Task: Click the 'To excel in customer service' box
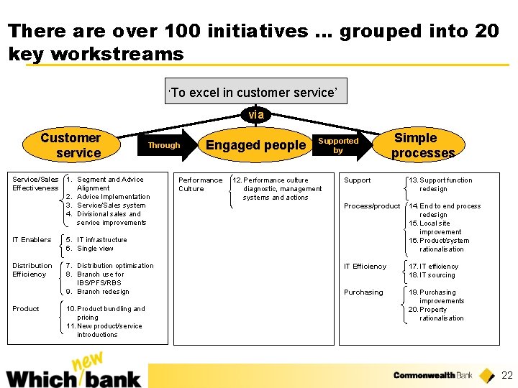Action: pos(256,91)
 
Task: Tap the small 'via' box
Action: pos(256,115)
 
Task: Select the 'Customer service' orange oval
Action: pos(71,144)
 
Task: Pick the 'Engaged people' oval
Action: pos(255,145)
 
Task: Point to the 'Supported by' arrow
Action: pos(342,146)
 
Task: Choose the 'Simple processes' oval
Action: pos(422,145)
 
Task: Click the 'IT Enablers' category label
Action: pos(32,240)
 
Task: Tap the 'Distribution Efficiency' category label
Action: pos(32,270)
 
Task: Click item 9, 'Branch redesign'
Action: pos(102,292)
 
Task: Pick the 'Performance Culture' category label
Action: pos(200,185)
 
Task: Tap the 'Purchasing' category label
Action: pos(363,292)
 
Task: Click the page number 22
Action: pos(506,375)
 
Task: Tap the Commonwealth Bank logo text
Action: pos(432,375)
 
